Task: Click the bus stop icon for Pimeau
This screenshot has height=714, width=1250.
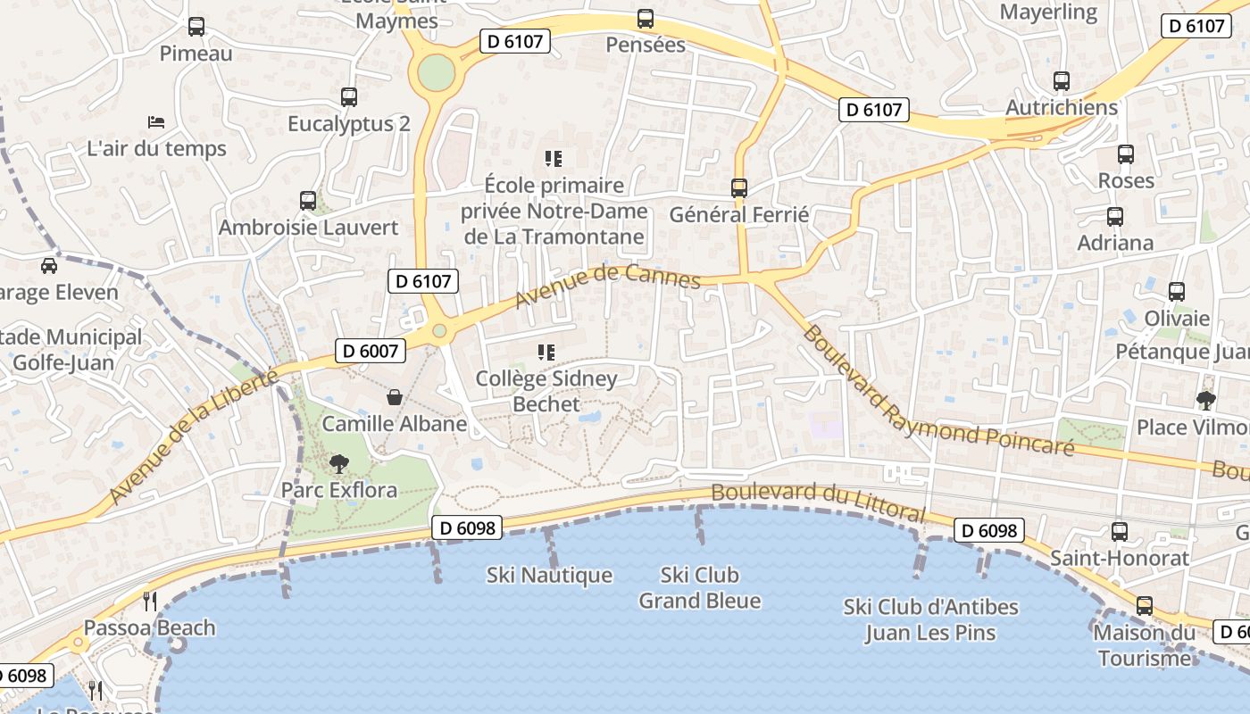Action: (196, 27)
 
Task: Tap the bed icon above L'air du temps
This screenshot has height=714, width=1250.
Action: (156, 121)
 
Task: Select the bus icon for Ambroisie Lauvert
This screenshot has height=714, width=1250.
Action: (308, 200)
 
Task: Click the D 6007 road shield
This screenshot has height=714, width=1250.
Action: (371, 351)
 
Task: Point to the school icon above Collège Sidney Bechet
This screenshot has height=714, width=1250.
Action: (546, 353)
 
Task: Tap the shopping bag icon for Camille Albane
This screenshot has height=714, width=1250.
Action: (394, 397)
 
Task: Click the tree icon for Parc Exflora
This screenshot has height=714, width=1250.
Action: (338, 463)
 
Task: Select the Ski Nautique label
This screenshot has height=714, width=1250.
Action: (549, 576)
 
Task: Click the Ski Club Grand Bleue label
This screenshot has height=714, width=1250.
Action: (700, 587)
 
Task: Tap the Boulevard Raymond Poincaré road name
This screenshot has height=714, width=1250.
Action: (937, 393)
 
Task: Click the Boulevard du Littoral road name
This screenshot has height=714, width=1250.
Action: (818, 502)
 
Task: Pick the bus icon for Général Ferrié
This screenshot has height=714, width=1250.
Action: (739, 188)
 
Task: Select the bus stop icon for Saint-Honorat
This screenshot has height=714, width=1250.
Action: (1120, 532)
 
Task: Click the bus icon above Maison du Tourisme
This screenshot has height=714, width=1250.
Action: (1145, 606)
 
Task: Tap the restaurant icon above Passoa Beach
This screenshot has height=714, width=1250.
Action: (150, 601)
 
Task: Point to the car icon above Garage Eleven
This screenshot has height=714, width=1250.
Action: (49, 265)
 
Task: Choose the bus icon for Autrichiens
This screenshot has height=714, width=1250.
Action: (1061, 81)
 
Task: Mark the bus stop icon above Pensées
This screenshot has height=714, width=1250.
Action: (646, 18)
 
